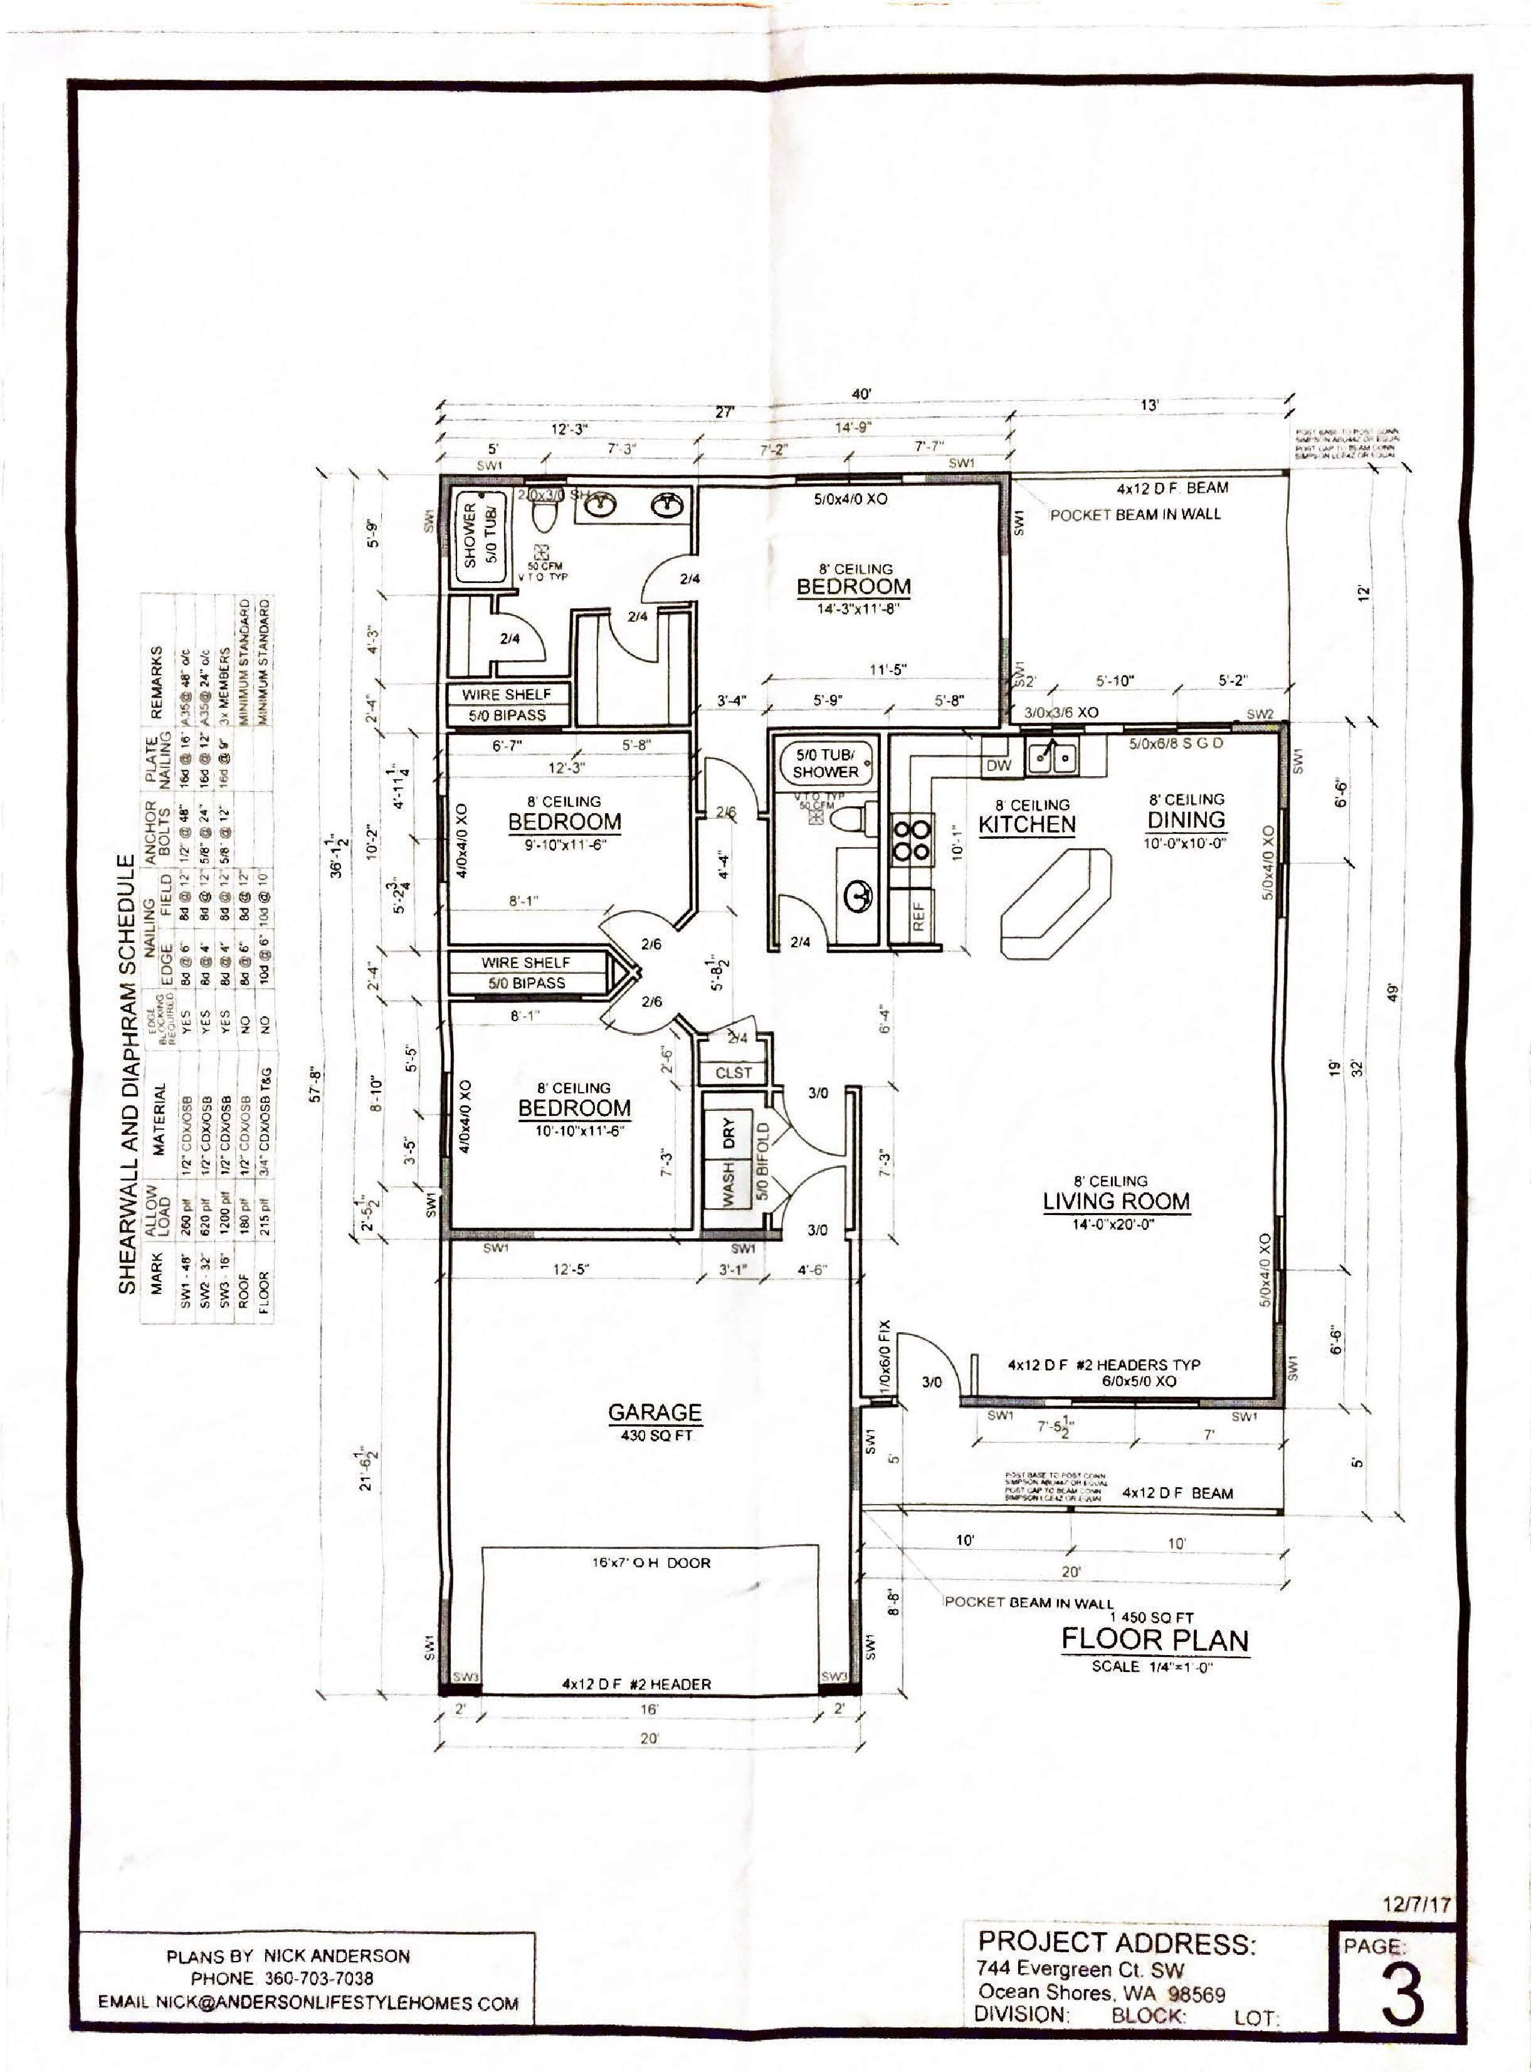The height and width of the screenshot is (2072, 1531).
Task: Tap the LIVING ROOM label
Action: coord(1116,1201)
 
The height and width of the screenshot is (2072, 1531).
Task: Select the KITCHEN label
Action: coord(1027,824)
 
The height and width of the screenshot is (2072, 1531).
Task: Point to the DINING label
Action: coord(1186,819)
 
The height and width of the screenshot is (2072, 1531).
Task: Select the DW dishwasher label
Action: coord(998,765)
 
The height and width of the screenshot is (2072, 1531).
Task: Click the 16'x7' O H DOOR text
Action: coord(651,1562)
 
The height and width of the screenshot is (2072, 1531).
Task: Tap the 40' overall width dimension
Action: coord(862,394)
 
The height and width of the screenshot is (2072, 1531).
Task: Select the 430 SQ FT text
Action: coord(655,1436)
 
